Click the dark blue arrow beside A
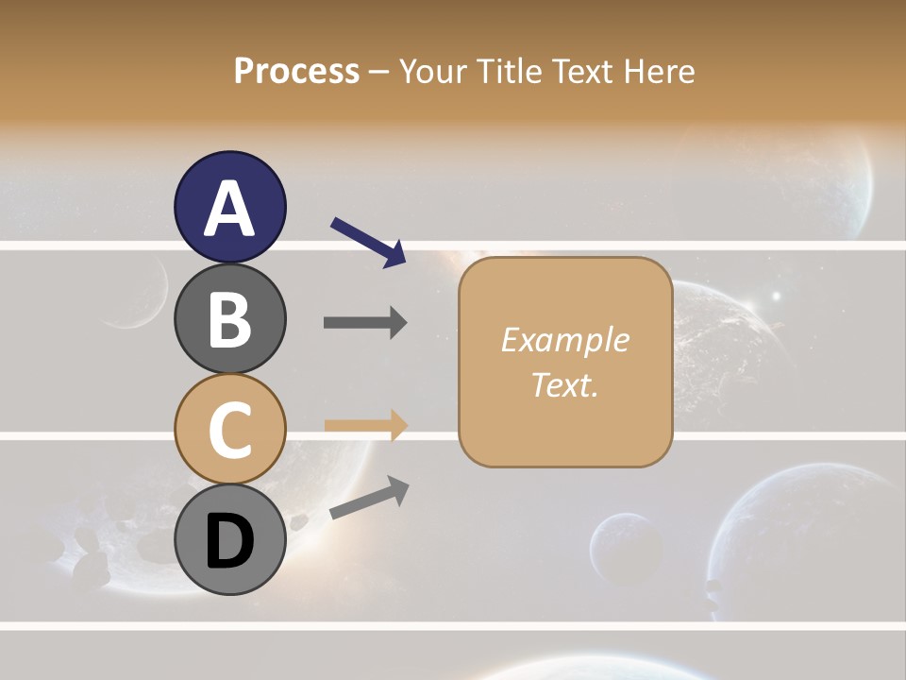368,243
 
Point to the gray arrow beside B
365,322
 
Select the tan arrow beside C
365,426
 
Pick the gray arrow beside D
369,498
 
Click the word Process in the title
296,72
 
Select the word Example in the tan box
564,340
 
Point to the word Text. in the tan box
564,384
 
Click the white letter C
229,430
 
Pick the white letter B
229,319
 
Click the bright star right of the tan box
776,296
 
